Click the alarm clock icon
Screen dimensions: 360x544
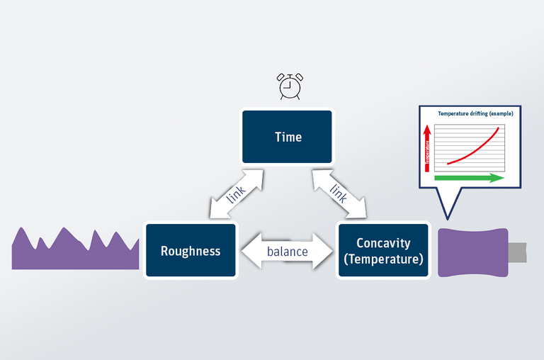288,86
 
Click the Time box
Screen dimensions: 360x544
287,137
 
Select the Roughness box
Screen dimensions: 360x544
190,250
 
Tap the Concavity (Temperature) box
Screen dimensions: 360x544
382,250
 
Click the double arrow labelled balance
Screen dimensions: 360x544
287,251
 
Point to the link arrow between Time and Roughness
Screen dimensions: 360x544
236,194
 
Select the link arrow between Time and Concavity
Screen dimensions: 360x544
339,193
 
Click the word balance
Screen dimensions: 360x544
287,251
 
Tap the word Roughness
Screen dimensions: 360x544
190,251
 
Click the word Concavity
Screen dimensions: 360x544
382,243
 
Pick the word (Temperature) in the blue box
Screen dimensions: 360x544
382,259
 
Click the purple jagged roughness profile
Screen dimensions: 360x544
74,252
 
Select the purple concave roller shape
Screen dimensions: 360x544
472,252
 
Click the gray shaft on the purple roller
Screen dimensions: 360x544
518,252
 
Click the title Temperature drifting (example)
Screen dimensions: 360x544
475,113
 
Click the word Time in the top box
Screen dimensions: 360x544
288,137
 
